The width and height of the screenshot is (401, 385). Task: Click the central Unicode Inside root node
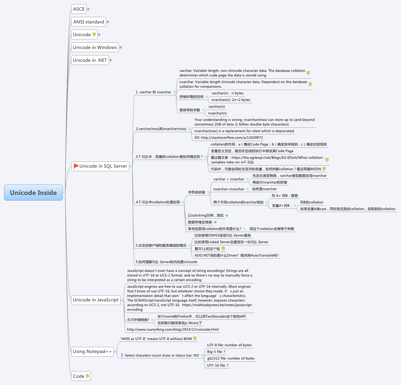click(x=33, y=193)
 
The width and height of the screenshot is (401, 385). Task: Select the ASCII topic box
click(x=79, y=9)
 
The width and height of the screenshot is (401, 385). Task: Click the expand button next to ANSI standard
click(x=108, y=22)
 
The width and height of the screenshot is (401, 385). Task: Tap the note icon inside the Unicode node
click(x=94, y=34)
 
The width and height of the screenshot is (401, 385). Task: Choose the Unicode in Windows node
click(x=95, y=48)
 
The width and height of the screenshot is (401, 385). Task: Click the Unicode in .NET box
click(x=90, y=60)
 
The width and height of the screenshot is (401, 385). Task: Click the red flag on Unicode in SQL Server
click(x=76, y=166)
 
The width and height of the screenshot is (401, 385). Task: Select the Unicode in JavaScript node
click(x=96, y=300)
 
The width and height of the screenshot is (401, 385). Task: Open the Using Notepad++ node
click(x=92, y=352)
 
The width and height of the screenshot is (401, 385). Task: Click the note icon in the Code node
click(x=88, y=376)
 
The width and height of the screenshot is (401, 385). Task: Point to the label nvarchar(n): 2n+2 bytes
click(x=231, y=100)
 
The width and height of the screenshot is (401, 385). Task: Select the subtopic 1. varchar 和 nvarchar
click(x=153, y=92)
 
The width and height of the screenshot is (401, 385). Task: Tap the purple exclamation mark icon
click(x=122, y=355)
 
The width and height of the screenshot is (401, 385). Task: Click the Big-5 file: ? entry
click(x=216, y=352)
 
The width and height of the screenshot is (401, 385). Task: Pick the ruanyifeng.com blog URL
click(x=173, y=330)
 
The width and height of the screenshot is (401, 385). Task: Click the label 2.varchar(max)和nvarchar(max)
click(x=161, y=129)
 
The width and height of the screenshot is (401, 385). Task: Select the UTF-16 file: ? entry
click(x=218, y=365)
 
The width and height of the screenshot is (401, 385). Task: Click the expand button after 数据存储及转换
click(x=215, y=222)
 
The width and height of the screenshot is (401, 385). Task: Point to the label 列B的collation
click(x=312, y=202)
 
